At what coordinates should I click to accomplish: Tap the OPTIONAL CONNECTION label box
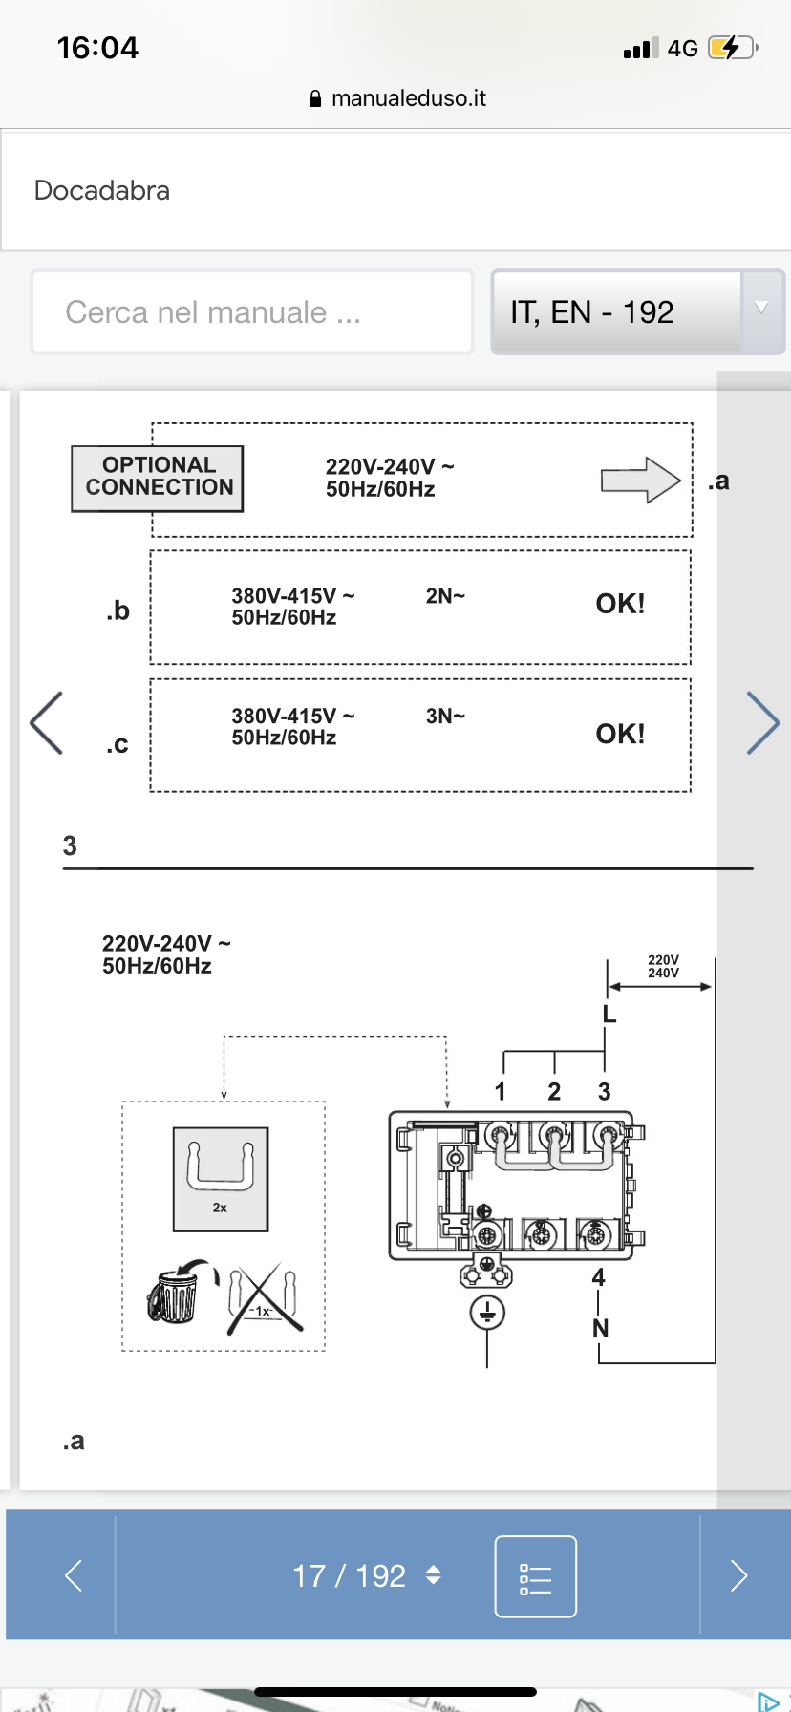158,478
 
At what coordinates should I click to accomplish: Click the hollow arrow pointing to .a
641,480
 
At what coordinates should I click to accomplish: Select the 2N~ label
445,596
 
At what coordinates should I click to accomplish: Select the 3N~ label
445,717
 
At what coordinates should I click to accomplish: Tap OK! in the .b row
620,604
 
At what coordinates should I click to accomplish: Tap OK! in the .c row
620,734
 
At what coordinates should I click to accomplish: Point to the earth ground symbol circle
487,1313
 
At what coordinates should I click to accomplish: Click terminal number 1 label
500,1092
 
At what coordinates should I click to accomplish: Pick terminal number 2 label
554,1092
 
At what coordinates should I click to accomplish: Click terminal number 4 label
598,1277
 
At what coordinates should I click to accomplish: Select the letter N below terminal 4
600,1328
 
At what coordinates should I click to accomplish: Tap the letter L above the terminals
609,1014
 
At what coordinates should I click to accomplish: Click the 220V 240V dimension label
663,967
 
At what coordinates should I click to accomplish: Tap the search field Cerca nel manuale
252,312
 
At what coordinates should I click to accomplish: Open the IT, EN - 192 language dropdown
637,312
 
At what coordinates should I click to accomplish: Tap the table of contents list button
535,1576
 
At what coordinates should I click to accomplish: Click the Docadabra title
102,190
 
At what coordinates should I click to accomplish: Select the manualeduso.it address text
408,98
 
